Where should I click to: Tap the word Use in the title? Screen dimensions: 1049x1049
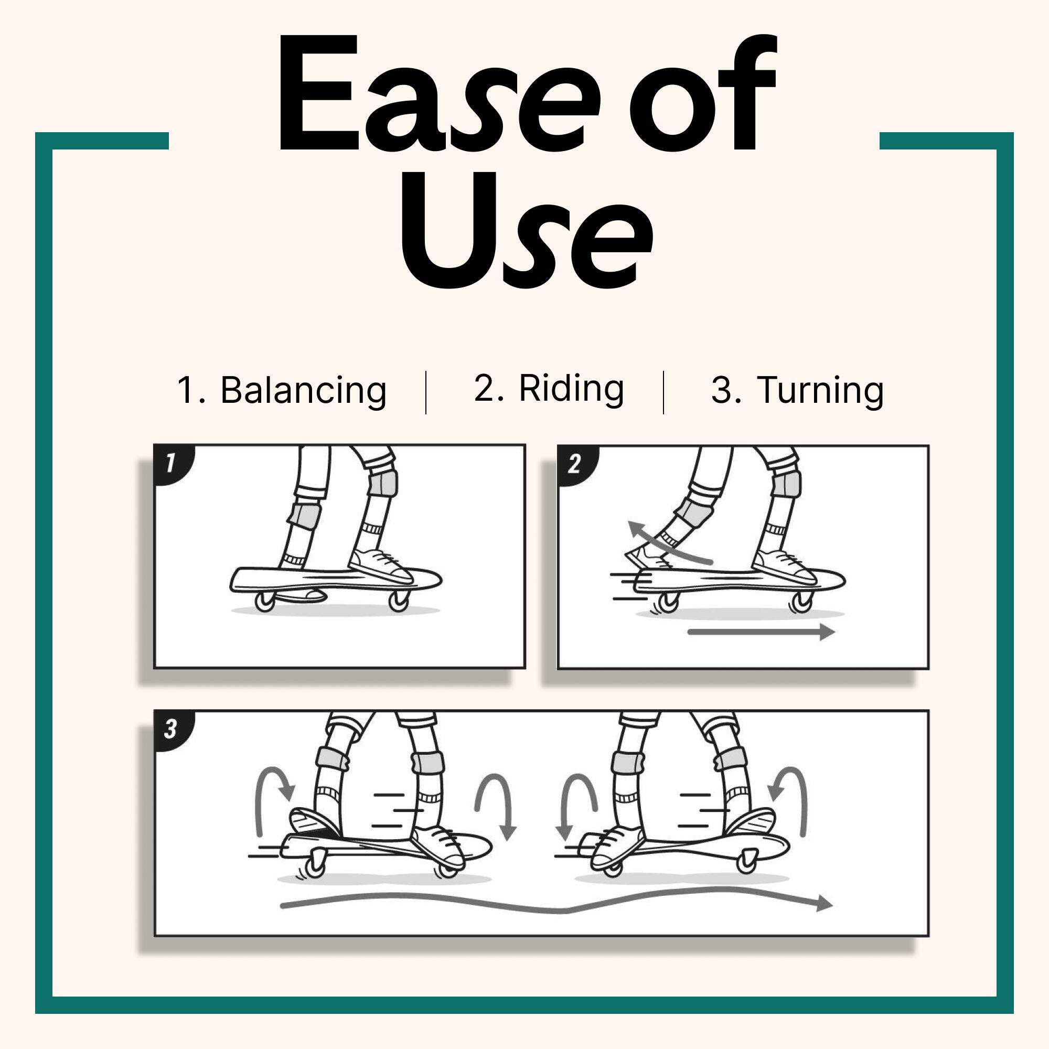(x=527, y=230)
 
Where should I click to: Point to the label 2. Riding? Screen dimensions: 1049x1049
(x=549, y=389)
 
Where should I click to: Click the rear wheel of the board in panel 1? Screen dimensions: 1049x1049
(x=265, y=602)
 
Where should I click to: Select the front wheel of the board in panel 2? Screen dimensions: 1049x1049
(x=802, y=601)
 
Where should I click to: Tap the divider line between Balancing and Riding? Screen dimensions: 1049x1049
(x=426, y=392)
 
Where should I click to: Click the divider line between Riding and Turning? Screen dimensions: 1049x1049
(x=663, y=392)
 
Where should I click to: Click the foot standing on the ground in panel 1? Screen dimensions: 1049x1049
(x=300, y=595)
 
